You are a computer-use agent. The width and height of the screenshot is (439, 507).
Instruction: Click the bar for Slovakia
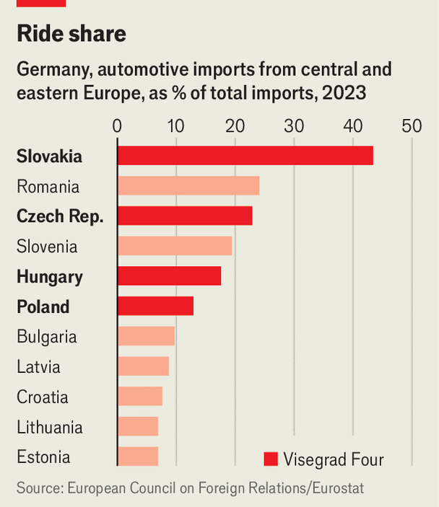tap(245, 156)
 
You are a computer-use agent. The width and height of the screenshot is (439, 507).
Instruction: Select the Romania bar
tap(188, 186)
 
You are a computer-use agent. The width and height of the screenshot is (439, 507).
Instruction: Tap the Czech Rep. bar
tap(184, 216)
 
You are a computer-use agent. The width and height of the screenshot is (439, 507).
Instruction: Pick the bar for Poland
tap(155, 307)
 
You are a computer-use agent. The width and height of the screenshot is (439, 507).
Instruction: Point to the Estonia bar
tap(137, 457)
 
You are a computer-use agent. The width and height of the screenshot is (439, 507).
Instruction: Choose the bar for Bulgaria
tap(146, 337)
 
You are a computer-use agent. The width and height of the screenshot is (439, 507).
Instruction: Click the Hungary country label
tap(50, 277)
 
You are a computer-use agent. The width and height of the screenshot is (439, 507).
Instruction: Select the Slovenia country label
tap(47, 247)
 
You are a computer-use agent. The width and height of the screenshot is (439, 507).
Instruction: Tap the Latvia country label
tap(38, 367)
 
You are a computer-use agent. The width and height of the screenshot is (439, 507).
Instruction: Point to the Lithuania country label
tap(49, 427)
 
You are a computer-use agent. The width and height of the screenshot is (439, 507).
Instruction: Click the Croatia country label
tap(43, 397)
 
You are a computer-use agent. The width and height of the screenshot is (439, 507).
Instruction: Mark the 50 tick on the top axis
tap(412, 125)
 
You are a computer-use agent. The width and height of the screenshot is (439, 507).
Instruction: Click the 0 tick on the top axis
tap(117, 125)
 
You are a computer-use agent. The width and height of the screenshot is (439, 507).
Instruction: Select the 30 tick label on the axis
tap(294, 125)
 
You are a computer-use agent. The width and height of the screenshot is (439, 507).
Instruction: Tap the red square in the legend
tap(271, 459)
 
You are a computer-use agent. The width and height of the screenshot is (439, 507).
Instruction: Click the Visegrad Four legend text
tap(334, 459)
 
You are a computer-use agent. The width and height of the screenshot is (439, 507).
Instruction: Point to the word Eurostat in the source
tap(337, 488)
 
